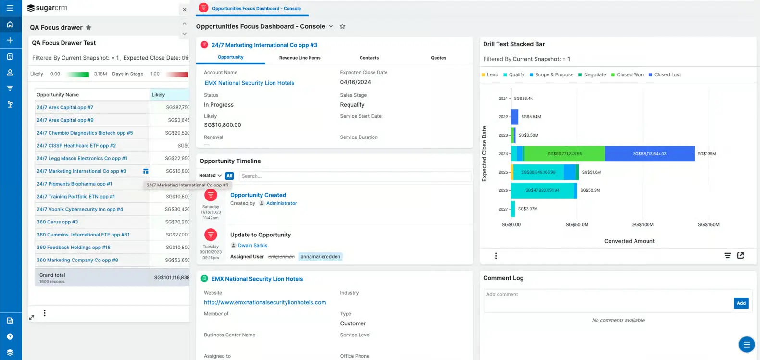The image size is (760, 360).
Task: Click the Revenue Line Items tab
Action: coord(299,58)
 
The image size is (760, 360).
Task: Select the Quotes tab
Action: coord(438,58)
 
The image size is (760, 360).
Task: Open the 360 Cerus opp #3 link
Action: coord(57,222)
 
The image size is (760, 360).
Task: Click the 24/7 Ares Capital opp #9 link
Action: coord(65,120)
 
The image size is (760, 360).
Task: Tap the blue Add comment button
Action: coord(741,303)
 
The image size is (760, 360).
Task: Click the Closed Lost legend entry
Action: coord(667,75)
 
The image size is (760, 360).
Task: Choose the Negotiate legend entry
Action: coord(594,75)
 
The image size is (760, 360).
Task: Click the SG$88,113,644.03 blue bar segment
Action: coord(649,154)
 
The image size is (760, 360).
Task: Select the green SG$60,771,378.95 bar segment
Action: coord(565,154)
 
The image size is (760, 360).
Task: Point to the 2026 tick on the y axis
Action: coord(503,190)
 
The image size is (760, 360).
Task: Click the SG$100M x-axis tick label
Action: coord(642,225)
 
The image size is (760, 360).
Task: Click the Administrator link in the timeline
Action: coord(281,203)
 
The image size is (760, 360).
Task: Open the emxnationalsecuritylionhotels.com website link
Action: coord(265,303)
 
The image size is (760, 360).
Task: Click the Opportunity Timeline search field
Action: coord(354,176)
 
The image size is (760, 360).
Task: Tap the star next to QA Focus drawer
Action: coord(88,28)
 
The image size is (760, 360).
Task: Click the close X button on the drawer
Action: coord(184,9)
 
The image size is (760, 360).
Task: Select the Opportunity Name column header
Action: coord(58,95)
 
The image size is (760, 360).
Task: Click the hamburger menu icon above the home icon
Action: coord(10,8)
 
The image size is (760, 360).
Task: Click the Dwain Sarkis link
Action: coord(252,246)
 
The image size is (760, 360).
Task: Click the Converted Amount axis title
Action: coord(629,241)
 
